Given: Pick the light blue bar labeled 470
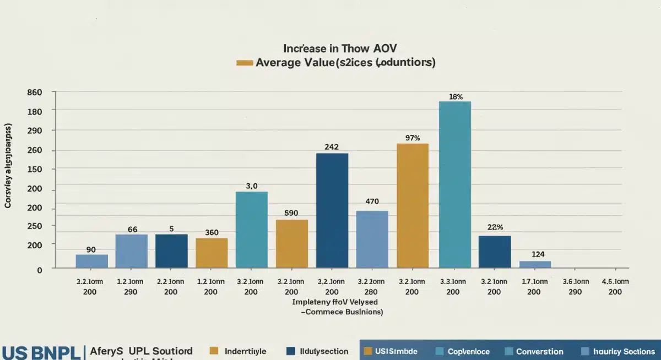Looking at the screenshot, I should tap(372, 239).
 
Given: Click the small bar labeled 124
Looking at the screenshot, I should tap(535, 264).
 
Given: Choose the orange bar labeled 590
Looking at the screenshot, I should tap(292, 244).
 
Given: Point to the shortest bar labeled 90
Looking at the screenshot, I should tap(92, 261).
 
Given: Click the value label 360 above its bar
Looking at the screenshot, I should tap(212, 232).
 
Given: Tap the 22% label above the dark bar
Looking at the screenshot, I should tap(495, 227).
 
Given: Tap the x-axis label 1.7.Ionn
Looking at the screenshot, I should tap(534, 281).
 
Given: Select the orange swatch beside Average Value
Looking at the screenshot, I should tap(244, 63).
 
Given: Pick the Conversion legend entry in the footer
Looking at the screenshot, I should tap(539, 351).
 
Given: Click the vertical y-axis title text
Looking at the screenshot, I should tap(8, 166).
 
